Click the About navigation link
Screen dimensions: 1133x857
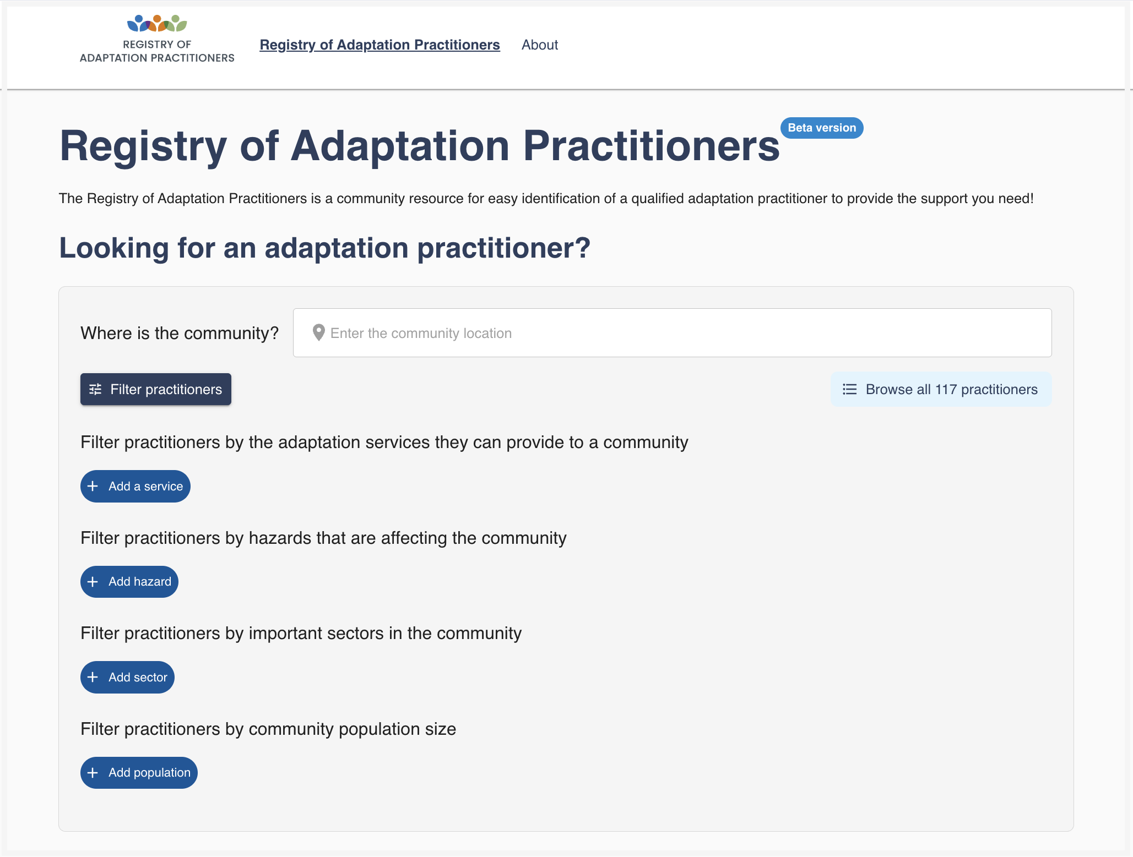(540, 45)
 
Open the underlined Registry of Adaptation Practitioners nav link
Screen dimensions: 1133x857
(380, 45)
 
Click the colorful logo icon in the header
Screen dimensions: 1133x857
(157, 24)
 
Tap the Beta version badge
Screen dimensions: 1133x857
(822, 128)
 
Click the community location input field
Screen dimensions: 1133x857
(672, 333)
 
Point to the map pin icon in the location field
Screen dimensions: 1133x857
(318, 332)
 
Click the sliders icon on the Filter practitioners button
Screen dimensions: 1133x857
(95, 389)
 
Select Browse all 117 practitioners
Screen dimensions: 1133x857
(941, 389)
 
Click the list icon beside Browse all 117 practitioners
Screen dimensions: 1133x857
(850, 389)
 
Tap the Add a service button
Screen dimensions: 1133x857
(135, 486)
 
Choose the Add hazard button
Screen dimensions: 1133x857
(129, 582)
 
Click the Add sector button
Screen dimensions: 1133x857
(127, 677)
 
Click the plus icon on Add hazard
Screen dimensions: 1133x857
(93, 582)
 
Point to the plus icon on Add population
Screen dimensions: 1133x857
(93, 773)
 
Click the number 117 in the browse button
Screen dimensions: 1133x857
(946, 390)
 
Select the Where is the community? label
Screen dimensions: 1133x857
(180, 333)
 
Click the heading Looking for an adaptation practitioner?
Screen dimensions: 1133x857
(325, 248)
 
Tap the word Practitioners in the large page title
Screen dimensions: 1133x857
(651, 146)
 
